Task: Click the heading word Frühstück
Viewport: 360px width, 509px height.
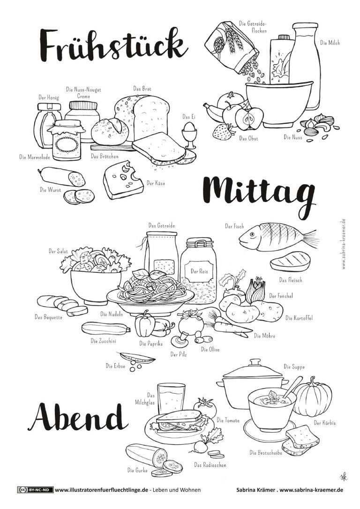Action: click(x=113, y=46)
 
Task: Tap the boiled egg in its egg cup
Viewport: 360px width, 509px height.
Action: click(x=189, y=135)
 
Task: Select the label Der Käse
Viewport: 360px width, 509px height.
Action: click(x=156, y=183)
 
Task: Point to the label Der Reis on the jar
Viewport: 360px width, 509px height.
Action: click(x=199, y=271)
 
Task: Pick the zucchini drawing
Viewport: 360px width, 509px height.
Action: click(x=106, y=328)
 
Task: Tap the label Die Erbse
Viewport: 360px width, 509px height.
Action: click(x=115, y=366)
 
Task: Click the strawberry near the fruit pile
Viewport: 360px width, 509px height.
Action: click(x=223, y=132)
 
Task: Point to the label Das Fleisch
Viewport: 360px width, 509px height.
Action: click(x=291, y=280)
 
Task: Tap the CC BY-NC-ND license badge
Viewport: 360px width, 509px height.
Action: click(x=35, y=490)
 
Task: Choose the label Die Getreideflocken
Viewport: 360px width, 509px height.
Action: click(x=253, y=27)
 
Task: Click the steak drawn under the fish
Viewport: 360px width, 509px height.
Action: click(x=290, y=261)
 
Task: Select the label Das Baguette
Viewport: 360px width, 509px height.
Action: click(x=48, y=317)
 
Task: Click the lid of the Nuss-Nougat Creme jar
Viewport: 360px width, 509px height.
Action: click(x=83, y=106)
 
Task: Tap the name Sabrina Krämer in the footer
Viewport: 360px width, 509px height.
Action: click(x=255, y=490)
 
